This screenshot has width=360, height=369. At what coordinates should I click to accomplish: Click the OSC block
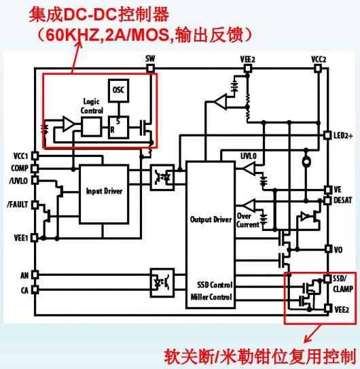click(x=119, y=90)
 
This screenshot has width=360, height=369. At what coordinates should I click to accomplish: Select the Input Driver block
click(x=104, y=194)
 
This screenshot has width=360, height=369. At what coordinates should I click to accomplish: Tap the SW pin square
click(x=150, y=69)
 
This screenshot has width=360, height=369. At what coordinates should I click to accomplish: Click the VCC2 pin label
click(x=319, y=59)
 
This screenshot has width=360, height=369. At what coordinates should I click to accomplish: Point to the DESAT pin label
click(x=343, y=200)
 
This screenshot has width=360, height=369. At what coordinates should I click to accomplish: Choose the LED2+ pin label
click(x=343, y=135)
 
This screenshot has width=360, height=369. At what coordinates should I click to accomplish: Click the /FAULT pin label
click(x=18, y=205)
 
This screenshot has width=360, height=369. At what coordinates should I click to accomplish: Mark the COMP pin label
click(x=20, y=169)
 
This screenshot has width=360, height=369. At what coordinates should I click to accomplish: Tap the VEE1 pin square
click(x=35, y=238)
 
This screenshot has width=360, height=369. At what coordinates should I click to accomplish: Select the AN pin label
click(x=24, y=275)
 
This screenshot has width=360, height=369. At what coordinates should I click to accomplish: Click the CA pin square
click(x=35, y=289)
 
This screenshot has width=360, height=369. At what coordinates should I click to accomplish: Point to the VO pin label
click(x=338, y=249)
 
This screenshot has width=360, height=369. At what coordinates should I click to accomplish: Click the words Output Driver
click(x=211, y=219)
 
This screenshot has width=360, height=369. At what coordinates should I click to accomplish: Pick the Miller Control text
click(x=211, y=297)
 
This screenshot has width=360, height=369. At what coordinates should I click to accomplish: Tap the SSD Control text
click(x=215, y=285)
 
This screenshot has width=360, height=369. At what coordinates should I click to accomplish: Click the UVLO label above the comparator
click(x=249, y=156)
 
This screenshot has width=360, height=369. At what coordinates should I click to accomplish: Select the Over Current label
click(x=247, y=220)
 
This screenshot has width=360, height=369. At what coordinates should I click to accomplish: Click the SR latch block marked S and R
click(x=118, y=127)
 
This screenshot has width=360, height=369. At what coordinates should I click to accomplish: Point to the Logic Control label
click(x=92, y=106)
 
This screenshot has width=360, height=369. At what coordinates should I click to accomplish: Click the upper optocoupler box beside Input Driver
click(x=162, y=177)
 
